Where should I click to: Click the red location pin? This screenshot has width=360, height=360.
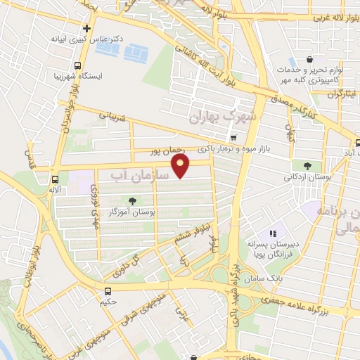tap(181, 167)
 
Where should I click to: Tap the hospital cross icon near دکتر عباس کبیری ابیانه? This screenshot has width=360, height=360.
tap(86, 29)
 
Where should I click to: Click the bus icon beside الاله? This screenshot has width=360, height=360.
tap(55, 179)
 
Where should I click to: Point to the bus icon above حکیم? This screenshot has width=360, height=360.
tap(108, 291)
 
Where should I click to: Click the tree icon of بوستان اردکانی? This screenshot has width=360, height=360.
tap(307, 167)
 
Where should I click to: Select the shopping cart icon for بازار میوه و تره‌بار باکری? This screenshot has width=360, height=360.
tap(233, 138)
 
